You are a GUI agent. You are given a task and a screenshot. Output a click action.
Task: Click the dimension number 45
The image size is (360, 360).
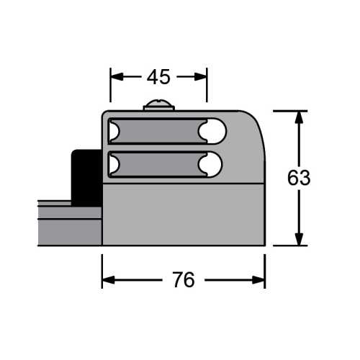pyautogui.click(x=158, y=76)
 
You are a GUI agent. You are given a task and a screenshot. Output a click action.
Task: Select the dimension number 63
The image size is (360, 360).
pyautogui.click(x=299, y=178)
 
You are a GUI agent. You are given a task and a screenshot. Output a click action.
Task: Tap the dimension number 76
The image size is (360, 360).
pyautogui.click(x=184, y=279)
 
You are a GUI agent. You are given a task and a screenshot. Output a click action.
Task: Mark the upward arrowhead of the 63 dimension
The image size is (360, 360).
pyautogui.click(x=299, y=117)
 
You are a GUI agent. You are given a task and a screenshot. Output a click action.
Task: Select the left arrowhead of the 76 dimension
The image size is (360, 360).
pyautogui.click(x=107, y=279)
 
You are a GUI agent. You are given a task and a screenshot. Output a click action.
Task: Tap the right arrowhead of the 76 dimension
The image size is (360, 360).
pyautogui.click(x=260, y=279)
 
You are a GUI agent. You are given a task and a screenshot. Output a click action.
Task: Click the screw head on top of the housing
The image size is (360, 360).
pyautogui.click(x=158, y=106)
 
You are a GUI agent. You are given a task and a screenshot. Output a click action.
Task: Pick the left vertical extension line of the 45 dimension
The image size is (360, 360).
pyautogui.click(x=110, y=86)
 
